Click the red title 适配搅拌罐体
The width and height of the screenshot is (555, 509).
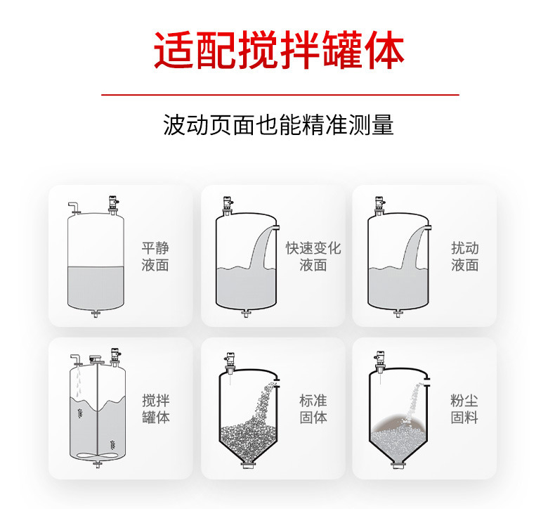coord(280,50)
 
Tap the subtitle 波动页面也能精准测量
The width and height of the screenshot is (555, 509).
coord(278,124)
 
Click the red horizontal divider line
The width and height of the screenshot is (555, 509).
coord(280,95)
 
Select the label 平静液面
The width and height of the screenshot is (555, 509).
coord(155,257)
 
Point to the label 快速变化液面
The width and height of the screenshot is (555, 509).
coord(313,257)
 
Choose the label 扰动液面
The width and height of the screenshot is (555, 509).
coord(465,257)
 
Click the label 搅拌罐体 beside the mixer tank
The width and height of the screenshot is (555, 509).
coord(156,408)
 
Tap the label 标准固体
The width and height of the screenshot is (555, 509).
coord(313,408)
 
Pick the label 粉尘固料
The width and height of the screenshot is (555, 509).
coord(464,408)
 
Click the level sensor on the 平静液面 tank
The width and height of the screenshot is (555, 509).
coord(113,205)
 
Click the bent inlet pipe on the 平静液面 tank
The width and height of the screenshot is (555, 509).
coord(74,207)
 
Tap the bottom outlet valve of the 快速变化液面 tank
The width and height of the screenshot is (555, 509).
coord(246,314)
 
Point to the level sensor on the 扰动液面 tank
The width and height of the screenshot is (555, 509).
coord(380,206)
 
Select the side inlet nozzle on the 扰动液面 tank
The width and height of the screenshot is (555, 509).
coord(429,227)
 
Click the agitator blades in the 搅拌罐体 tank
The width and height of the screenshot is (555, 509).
coord(97,455)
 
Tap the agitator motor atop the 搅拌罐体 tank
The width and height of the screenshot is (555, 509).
coord(96,359)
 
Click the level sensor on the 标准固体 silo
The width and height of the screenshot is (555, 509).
coord(230,363)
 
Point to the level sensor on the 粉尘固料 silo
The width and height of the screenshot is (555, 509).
coord(380,362)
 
